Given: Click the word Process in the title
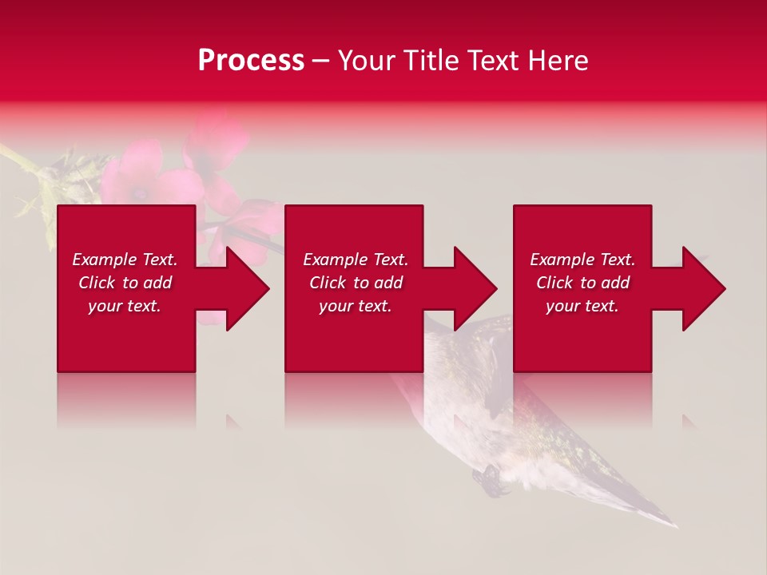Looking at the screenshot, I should (x=251, y=61).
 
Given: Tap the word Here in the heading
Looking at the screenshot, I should (x=557, y=61).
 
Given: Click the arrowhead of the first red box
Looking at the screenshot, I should (x=244, y=288).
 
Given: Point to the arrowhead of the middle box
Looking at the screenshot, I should (x=473, y=288).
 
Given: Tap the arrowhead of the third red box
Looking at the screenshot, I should (x=701, y=288).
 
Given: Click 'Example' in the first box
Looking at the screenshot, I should (x=103, y=260).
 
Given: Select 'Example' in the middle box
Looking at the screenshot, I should (x=334, y=260).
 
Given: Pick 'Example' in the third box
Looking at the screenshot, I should (x=561, y=260).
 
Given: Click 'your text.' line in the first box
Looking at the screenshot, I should (x=125, y=306).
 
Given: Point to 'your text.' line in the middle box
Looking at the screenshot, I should (x=356, y=306).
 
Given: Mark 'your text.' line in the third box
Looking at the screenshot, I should (x=582, y=306).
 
